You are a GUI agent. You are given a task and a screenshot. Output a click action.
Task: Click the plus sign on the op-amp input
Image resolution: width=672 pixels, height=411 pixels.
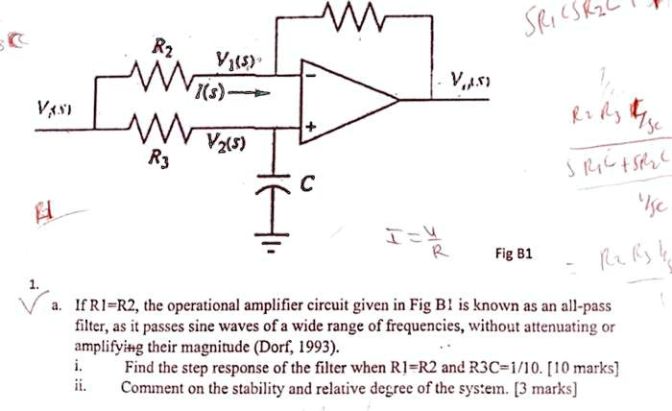(310, 126)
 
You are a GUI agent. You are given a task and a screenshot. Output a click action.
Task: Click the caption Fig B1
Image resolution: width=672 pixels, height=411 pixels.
(513, 254)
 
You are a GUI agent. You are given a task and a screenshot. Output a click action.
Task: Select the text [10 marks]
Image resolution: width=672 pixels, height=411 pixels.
(582, 367)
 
